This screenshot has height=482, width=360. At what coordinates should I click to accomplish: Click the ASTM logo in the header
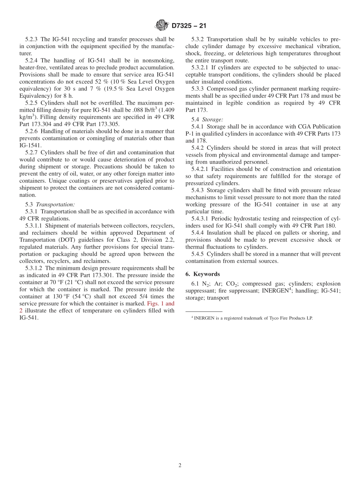(162, 25)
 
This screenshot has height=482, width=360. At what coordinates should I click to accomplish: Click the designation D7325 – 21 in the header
(189, 26)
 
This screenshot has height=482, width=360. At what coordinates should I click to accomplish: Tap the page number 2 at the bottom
(180, 465)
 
